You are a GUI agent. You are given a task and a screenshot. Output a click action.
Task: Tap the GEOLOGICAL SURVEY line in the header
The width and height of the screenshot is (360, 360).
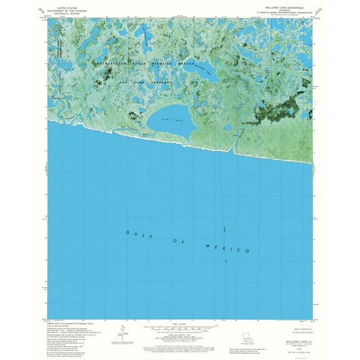coord(67,12)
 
